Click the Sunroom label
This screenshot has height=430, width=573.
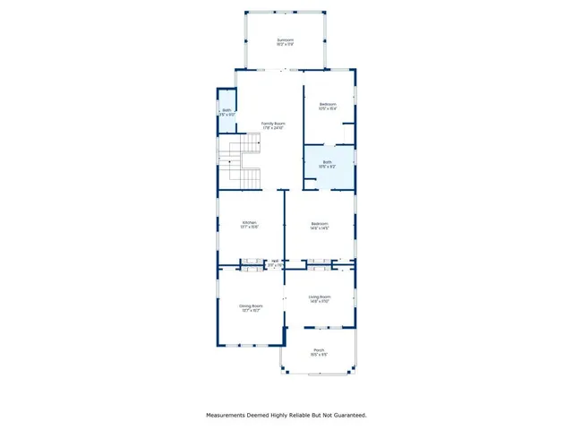(x=285, y=39)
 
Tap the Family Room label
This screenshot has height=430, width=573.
(x=272, y=124)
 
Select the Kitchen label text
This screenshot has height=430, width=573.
(x=250, y=222)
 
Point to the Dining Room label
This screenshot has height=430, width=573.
(x=250, y=305)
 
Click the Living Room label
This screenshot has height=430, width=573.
(x=320, y=297)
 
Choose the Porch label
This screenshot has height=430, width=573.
(x=319, y=350)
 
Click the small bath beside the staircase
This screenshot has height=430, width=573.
(x=227, y=112)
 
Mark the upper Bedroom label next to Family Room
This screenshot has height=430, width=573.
(x=328, y=104)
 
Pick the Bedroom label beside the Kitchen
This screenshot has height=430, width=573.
(x=320, y=223)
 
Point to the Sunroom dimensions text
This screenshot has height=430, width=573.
(x=285, y=44)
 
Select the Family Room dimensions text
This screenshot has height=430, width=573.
(x=272, y=128)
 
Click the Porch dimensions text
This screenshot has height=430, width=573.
(x=319, y=355)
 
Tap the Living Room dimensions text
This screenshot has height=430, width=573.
(x=320, y=301)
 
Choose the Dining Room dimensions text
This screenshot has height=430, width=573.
(x=250, y=310)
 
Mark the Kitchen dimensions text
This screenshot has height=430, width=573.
(x=250, y=227)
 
